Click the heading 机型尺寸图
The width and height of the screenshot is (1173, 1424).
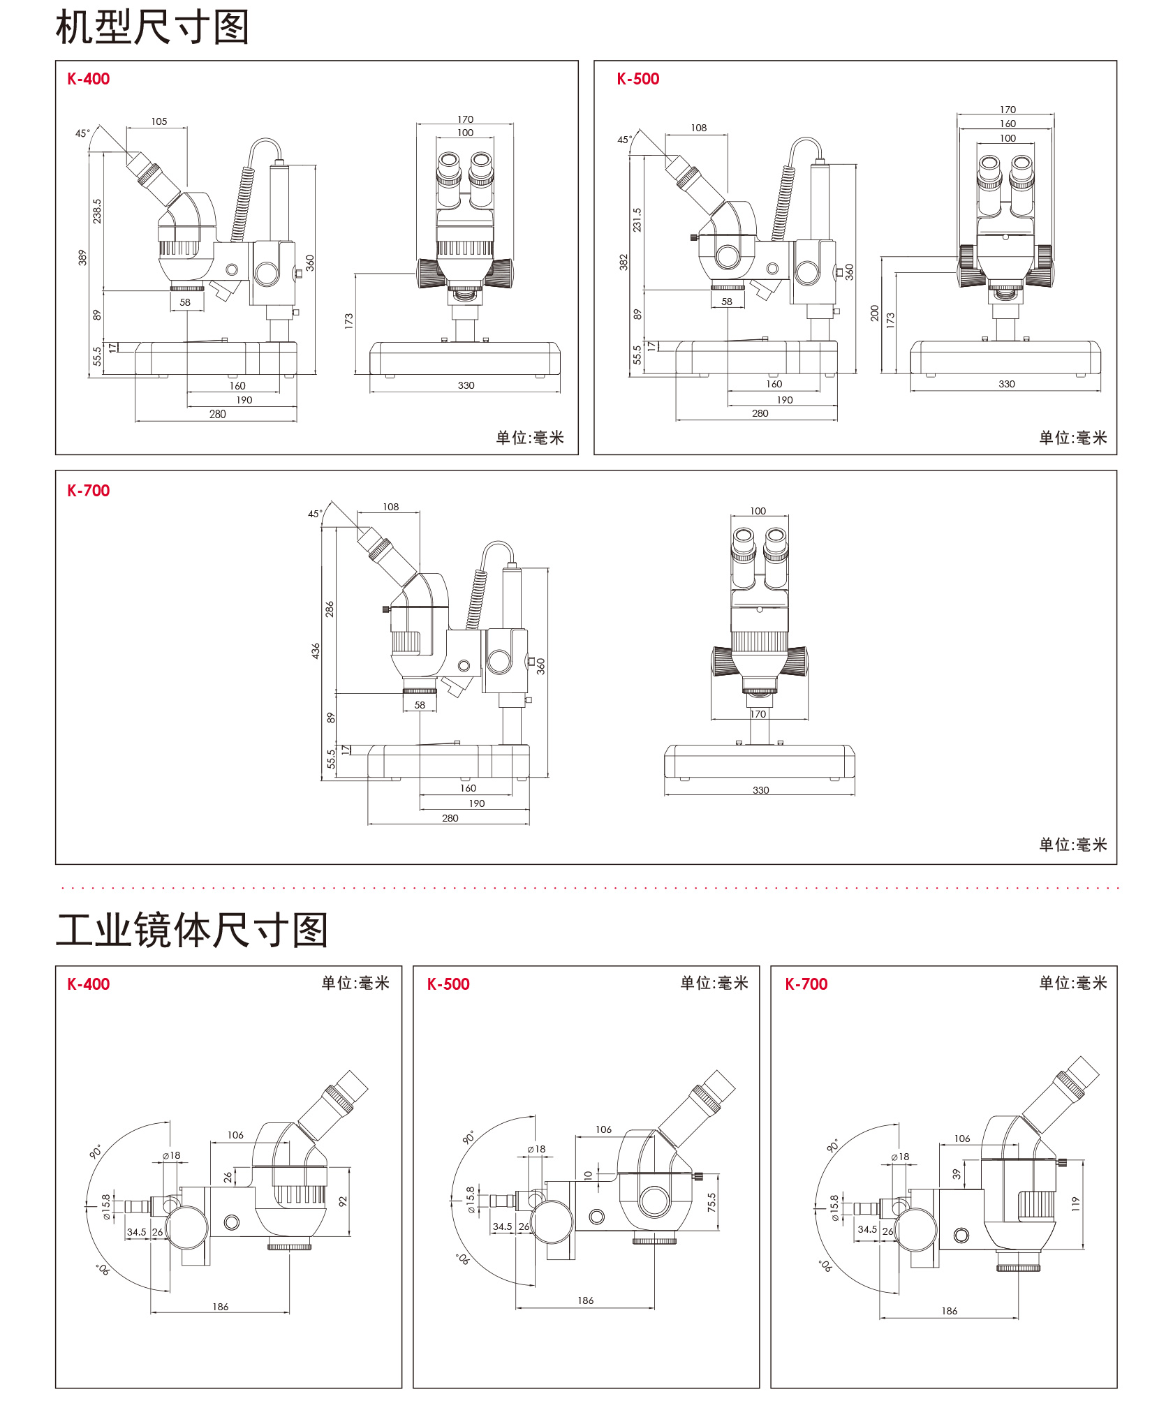(152, 28)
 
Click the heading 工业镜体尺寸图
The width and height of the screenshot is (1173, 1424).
(192, 930)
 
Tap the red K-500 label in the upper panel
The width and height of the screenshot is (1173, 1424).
(637, 79)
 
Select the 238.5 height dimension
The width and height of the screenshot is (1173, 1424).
(97, 211)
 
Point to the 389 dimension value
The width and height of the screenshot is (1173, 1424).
(82, 258)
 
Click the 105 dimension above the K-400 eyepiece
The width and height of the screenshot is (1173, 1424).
(159, 121)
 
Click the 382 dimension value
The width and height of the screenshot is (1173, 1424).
(624, 262)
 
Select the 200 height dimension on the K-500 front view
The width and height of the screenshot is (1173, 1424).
(875, 313)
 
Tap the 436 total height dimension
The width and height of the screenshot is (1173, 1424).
(316, 651)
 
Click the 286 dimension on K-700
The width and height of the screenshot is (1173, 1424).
(330, 609)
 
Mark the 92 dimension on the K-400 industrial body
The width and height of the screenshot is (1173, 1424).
(343, 1201)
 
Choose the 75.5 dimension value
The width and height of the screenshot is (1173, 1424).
(711, 1201)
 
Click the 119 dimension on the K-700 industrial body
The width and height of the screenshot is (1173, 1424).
(1075, 1203)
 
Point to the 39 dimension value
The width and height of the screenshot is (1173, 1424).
(957, 1174)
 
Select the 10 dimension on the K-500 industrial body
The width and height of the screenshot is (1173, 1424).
(588, 1175)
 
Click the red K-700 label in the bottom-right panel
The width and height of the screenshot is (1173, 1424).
(806, 984)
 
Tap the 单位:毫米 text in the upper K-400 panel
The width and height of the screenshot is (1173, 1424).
(530, 438)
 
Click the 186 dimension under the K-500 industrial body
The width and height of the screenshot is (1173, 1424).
(585, 1300)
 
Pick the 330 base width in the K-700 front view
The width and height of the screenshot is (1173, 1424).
(760, 790)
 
